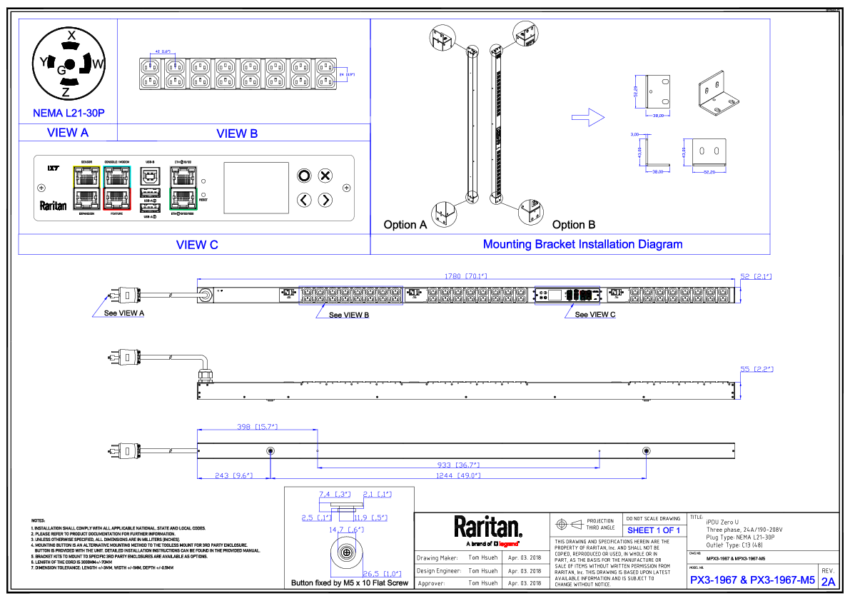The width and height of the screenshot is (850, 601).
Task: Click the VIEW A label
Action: [68, 133]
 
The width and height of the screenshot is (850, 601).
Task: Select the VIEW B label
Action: [237, 133]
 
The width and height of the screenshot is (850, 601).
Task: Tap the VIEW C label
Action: [197, 245]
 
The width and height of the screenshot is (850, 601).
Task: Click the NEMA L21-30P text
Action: [69, 113]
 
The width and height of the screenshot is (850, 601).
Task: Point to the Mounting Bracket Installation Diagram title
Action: [582, 244]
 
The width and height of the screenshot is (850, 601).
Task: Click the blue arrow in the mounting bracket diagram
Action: [589, 118]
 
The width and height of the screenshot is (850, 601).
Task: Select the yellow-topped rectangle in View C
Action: [87, 188]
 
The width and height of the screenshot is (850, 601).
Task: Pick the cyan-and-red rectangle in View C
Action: [117, 188]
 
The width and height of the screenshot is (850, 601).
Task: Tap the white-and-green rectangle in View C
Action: [183, 188]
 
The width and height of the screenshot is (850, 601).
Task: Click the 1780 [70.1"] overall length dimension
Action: [465, 276]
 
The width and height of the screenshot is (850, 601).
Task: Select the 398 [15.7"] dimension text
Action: [257, 427]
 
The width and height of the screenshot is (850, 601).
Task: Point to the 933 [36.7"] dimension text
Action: [458, 465]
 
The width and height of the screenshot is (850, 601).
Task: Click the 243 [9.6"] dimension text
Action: [234, 475]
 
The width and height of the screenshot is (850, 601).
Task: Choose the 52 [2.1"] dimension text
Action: [757, 276]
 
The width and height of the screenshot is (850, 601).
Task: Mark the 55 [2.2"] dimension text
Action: [757, 369]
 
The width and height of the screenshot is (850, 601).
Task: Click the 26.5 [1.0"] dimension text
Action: [383, 574]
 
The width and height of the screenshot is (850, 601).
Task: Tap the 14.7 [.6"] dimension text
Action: [347, 530]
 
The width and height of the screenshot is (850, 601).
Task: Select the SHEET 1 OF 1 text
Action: [654, 530]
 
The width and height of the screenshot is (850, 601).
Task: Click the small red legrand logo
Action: [508, 544]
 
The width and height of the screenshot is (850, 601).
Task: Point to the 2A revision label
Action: [828, 582]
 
